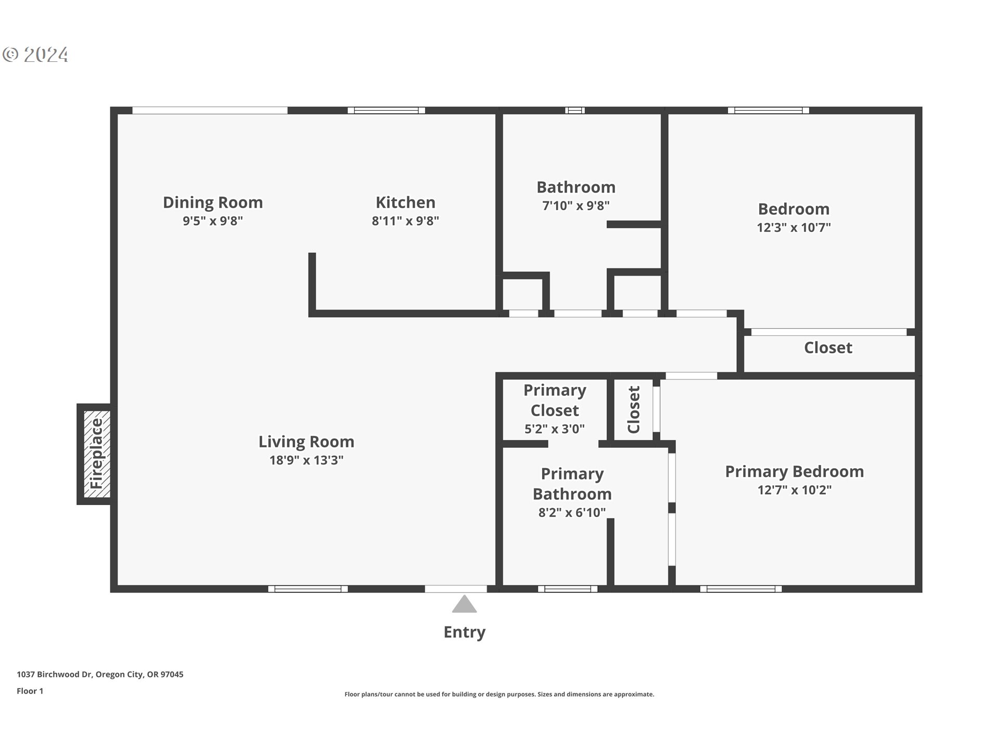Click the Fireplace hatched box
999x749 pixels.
tap(97, 454)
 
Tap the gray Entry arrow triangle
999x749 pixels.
tap(464, 604)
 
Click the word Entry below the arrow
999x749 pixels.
tap(464, 632)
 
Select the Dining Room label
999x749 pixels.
tap(212, 202)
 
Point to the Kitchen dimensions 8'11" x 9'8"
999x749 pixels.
tap(405, 221)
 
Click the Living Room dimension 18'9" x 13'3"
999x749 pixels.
tap(306, 460)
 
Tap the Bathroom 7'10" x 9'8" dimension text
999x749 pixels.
tap(575, 206)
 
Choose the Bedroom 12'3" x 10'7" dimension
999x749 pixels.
tap(793, 228)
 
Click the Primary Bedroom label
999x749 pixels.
tap(794, 471)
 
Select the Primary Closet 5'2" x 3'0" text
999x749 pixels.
tap(554, 429)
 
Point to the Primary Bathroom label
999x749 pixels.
tap(572, 484)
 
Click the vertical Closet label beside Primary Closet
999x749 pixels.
tap(633, 409)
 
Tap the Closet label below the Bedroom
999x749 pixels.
tap(828, 347)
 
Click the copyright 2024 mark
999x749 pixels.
tap(35, 55)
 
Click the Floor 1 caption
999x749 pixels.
tap(30, 691)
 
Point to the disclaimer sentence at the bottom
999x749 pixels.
tap(499, 694)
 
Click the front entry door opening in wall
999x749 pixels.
tap(456, 589)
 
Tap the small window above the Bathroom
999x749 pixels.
tap(574, 110)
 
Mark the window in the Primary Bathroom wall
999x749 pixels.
tap(568, 589)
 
